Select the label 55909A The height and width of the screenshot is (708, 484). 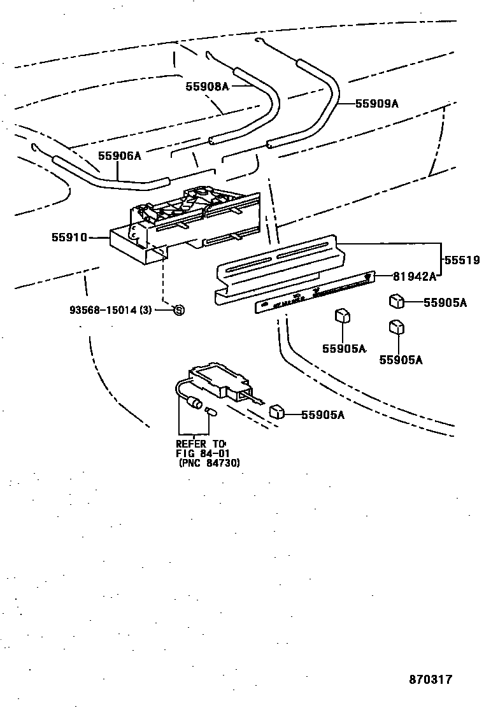(376, 103)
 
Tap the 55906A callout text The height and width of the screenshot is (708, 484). (119, 155)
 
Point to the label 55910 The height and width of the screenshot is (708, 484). (69, 237)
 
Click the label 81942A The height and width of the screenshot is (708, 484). (415, 276)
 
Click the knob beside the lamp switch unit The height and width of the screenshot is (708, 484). (276, 411)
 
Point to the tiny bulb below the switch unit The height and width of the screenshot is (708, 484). (210, 413)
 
